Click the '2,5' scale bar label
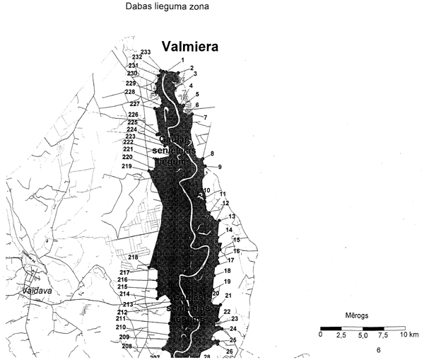click(x=342, y=335)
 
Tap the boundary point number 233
click(x=146, y=52)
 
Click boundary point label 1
click(x=182, y=60)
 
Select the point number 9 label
click(x=220, y=167)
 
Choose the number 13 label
click(x=231, y=216)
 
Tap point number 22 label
click(x=227, y=311)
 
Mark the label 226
click(x=133, y=115)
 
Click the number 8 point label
click(x=212, y=153)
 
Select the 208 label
click(x=126, y=346)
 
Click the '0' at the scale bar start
click(x=322, y=335)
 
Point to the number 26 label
click(x=229, y=352)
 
